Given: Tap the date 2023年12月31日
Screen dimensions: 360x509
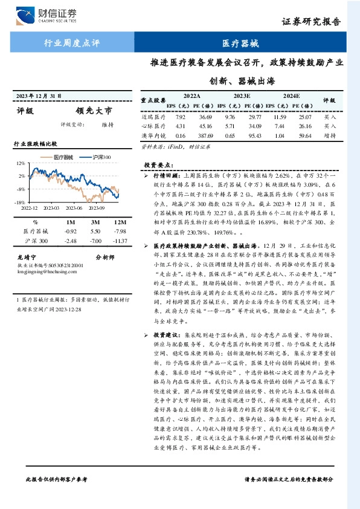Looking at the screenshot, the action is [x=39, y=96].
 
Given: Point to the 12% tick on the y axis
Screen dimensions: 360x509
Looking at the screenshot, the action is [x=21, y=163].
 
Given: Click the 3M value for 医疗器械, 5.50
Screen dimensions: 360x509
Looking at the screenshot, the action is [x=95, y=232].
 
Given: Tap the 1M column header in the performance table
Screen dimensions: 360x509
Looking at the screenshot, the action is [x=71, y=221].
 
